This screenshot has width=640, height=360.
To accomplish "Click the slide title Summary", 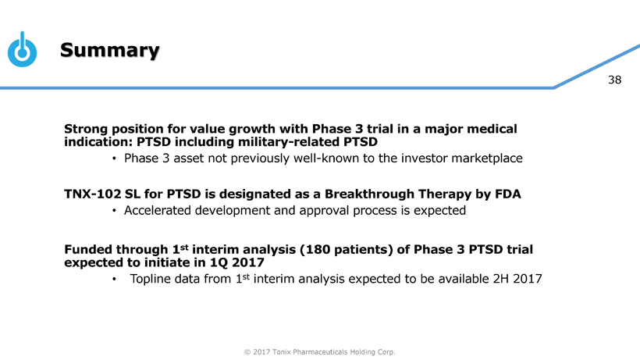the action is click(110, 50).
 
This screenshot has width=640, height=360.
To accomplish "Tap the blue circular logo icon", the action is click(22, 49).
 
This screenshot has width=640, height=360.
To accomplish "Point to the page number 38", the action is click(615, 80).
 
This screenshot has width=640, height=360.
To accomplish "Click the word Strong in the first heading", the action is click(86, 129).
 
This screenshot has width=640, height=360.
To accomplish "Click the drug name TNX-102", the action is click(93, 194).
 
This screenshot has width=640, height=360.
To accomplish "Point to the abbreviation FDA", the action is click(508, 194).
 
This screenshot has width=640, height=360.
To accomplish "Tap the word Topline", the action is click(149, 280).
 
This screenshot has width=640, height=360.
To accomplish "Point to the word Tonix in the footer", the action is click(281, 352).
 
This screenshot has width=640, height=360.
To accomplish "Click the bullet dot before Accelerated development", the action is click(114, 211).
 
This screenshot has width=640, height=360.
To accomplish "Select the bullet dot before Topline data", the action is click(114, 280).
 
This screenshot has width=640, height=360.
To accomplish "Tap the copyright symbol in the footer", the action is click(247, 352).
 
